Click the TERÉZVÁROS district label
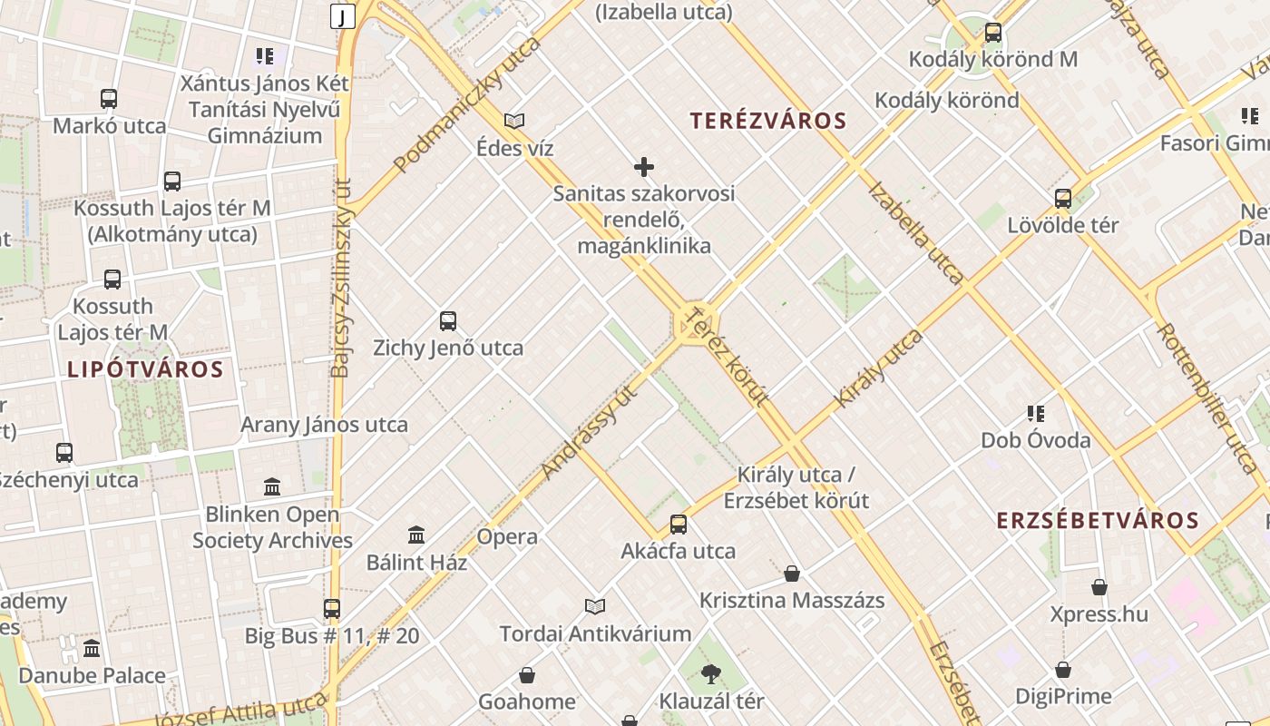point(767,121)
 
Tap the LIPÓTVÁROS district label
point(145,369)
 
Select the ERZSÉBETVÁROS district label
point(1098,520)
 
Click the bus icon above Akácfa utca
point(679,524)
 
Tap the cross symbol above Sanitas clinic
point(644,167)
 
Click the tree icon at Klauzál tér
point(711,673)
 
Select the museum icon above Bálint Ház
point(416,535)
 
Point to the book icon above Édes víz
point(514,121)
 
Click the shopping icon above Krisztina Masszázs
point(792,574)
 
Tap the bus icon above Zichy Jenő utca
point(448,320)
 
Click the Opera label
point(507,536)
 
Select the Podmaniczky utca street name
point(467,105)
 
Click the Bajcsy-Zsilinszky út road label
point(341,277)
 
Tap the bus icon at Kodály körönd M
point(993,33)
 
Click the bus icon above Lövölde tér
point(1063,198)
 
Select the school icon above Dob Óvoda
point(1036,414)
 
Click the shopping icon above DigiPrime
point(1063,670)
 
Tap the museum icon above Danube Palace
point(92,649)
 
